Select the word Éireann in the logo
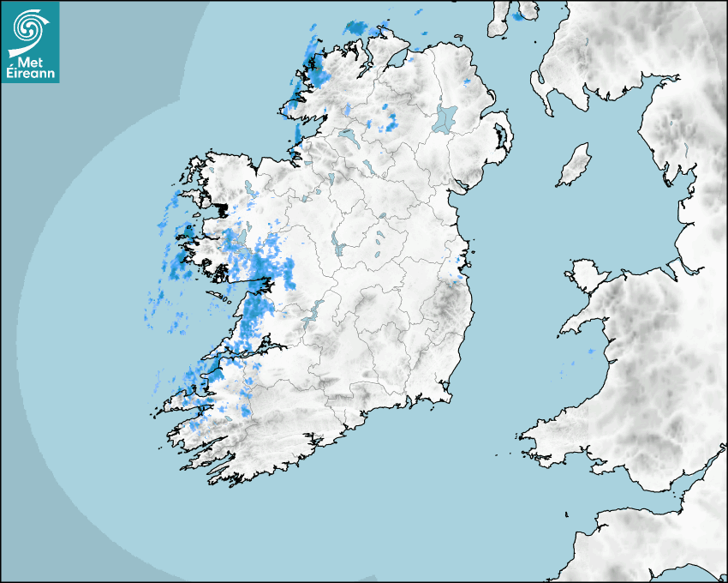click(32, 74)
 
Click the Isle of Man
click(575, 165)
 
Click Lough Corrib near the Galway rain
click(239, 237)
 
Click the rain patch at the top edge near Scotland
click(519, 15)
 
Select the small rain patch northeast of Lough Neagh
click(467, 81)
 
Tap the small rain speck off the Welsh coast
click(591, 352)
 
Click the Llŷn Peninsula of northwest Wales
click(582, 321)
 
